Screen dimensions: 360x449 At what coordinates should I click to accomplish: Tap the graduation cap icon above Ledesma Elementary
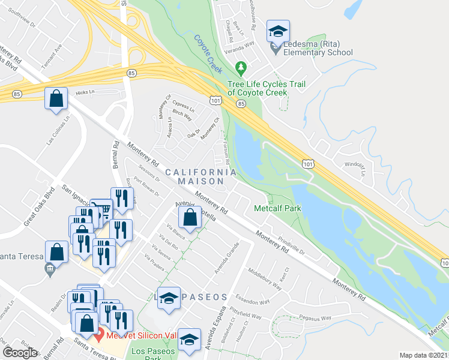278,31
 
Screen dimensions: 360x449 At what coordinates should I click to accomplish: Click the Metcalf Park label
277,208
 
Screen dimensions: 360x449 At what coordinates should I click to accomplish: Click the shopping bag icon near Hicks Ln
56,100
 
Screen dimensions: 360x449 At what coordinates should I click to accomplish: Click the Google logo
20,353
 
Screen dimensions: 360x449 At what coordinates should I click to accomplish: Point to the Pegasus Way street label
317,319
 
